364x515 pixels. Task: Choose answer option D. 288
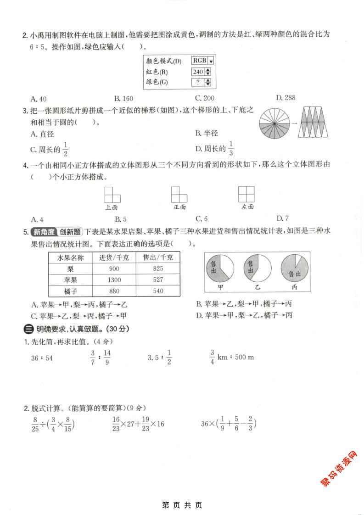click(x=286, y=97)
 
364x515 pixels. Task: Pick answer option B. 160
click(x=123, y=98)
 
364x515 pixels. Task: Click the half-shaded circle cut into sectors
click(x=274, y=123)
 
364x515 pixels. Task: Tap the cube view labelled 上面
click(x=112, y=195)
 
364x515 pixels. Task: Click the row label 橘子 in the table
click(x=70, y=291)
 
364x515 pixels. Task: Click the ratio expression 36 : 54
click(x=42, y=358)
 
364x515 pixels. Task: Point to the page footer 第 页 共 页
click(x=182, y=505)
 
